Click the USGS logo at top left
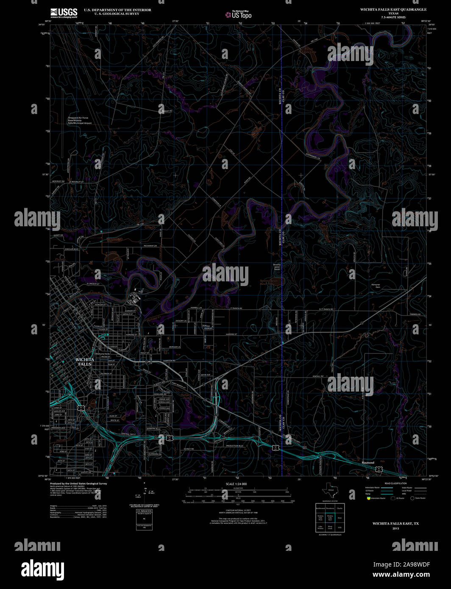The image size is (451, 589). click(x=64, y=12)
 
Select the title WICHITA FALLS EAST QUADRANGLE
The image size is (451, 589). click(x=393, y=9)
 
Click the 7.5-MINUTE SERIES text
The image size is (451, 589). click(x=393, y=17)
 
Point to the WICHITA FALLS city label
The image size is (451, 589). click(x=85, y=362)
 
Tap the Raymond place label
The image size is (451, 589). click(x=368, y=462)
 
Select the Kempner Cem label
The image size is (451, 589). click(x=376, y=286)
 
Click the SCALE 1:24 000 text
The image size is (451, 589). click(x=236, y=483)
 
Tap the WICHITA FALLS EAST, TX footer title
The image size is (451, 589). click(x=395, y=524)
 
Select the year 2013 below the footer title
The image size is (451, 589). click(x=395, y=528)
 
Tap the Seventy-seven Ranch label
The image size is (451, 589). click(x=277, y=268)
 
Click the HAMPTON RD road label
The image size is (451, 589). click(x=169, y=360)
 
